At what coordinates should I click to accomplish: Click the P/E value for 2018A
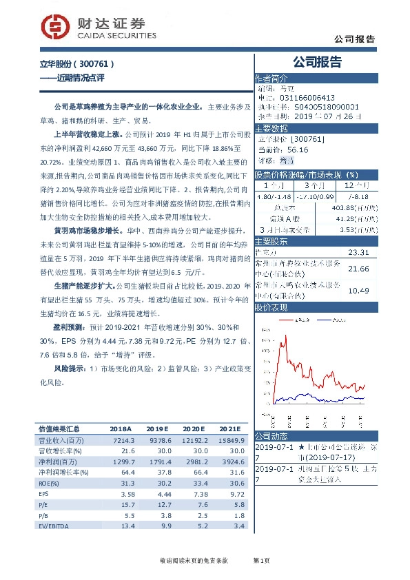click(x=125, y=506)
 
